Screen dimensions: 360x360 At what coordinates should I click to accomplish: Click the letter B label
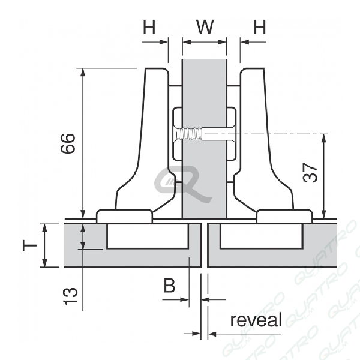[x=170, y=286]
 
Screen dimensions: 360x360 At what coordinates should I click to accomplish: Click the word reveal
[x=256, y=320]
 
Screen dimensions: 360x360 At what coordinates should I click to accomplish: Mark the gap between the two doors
[x=204, y=245]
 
